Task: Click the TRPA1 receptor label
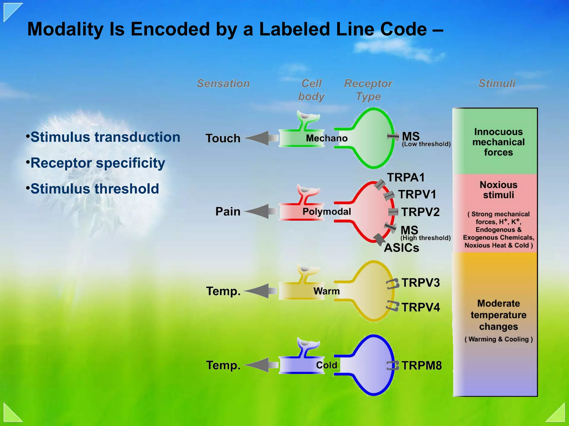tap(406, 177)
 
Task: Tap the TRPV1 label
tap(417, 194)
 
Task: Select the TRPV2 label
tap(420, 212)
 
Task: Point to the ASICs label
tap(401, 248)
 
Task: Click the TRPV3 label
tap(421, 283)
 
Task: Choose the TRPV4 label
tap(421, 307)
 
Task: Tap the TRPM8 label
tap(421, 366)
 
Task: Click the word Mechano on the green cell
tap(327, 138)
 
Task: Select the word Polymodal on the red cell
tap(327, 212)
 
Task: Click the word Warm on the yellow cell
tap(327, 291)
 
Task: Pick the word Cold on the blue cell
tap(327, 365)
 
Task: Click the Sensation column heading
tap(223, 83)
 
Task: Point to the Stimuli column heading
tap(497, 83)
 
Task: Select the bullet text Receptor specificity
tap(98, 163)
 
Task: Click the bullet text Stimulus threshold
tap(94, 189)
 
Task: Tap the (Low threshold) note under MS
tap(426, 144)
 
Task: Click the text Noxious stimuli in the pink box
tap(498, 190)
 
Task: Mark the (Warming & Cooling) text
tap(498, 339)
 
